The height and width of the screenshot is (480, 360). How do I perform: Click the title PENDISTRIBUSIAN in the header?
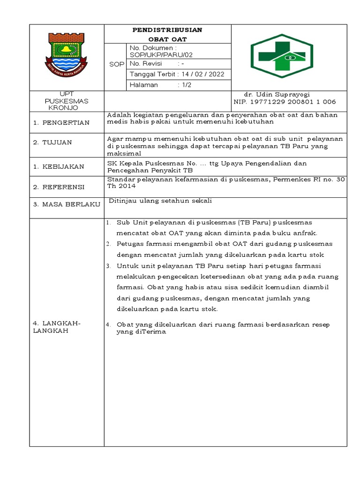click(167, 30)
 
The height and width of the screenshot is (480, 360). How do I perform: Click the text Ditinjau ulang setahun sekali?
click(160, 201)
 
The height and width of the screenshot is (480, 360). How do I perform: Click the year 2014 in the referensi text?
click(127, 186)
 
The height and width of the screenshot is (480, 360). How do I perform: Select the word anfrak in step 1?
click(306, 232)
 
